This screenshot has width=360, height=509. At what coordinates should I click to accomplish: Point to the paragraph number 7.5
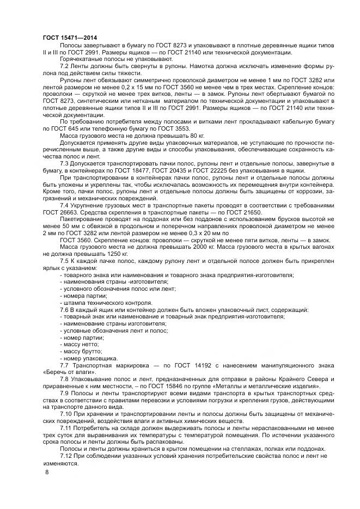pyautogui.click(x=65, y=261)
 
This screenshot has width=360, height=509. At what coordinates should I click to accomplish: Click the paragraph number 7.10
pyautogui.click(x=67, y=414)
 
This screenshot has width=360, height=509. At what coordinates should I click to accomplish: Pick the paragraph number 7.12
pyautogui.click(x=67, y=456)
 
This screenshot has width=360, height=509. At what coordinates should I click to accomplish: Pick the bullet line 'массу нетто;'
pyautogui.click(x=80, y=344)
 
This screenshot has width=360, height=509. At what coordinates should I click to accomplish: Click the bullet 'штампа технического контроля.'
pyautogui.click(x=107, y=302)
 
